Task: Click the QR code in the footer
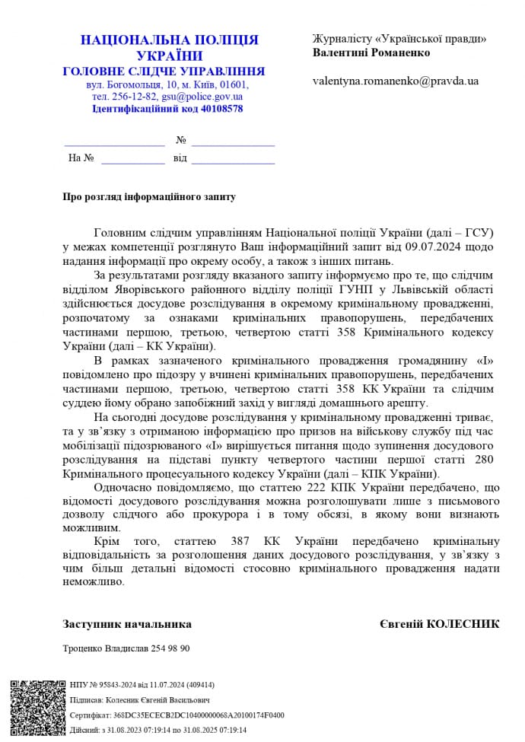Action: [x=36, y=707]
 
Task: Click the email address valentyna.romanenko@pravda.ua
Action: [x=396, y=81]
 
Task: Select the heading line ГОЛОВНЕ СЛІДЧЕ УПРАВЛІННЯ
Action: [x=164, y=72]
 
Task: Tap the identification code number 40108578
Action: [x=218, y=109]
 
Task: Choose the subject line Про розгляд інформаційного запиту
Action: [x=149, y=196]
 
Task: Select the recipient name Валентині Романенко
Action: [x=371, y=53]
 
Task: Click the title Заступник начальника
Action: [x=127, y=624]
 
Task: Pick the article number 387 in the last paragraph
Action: [x=238, y=541]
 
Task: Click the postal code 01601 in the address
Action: [x=233, y=84]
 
